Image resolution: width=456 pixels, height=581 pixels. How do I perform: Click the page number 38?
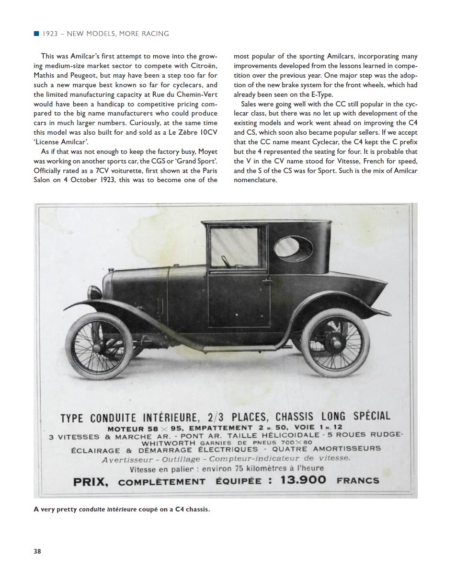[37, 551]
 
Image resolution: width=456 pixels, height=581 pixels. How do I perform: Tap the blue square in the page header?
[36, 34]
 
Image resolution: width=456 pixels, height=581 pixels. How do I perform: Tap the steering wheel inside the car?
[226, 262]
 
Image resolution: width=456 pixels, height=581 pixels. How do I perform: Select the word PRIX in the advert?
[91, 481]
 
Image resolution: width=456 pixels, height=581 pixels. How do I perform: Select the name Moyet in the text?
[207, 152]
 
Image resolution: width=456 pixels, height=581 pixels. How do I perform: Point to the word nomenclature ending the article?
[255, 180]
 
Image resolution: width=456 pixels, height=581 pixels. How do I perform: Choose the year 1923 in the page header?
[50, 34]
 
